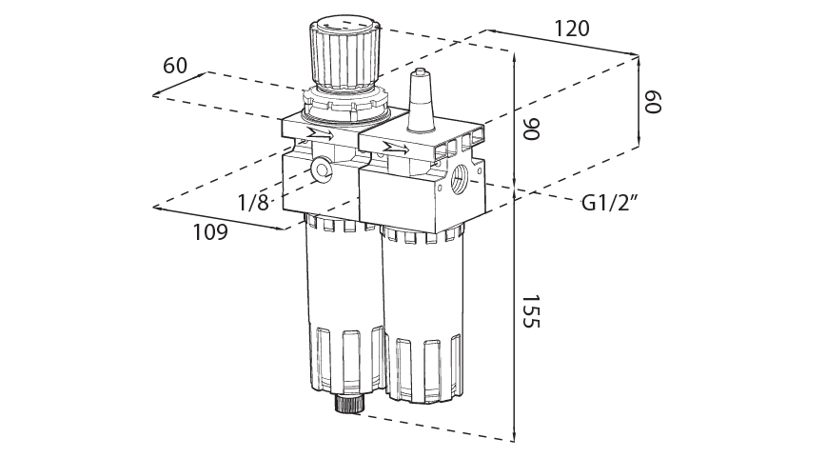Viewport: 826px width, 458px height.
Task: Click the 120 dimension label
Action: point(571,29)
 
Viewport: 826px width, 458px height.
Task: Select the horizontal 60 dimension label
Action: point(175,66)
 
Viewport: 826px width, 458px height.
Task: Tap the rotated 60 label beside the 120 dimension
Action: point(652,102)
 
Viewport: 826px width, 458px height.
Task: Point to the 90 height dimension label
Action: point(530,129)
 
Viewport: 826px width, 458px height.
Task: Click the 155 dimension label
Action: point(530,312)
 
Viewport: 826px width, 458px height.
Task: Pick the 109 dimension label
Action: point(210,231)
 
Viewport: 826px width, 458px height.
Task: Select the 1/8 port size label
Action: point(253,202)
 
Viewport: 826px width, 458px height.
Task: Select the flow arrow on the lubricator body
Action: point(395,148)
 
